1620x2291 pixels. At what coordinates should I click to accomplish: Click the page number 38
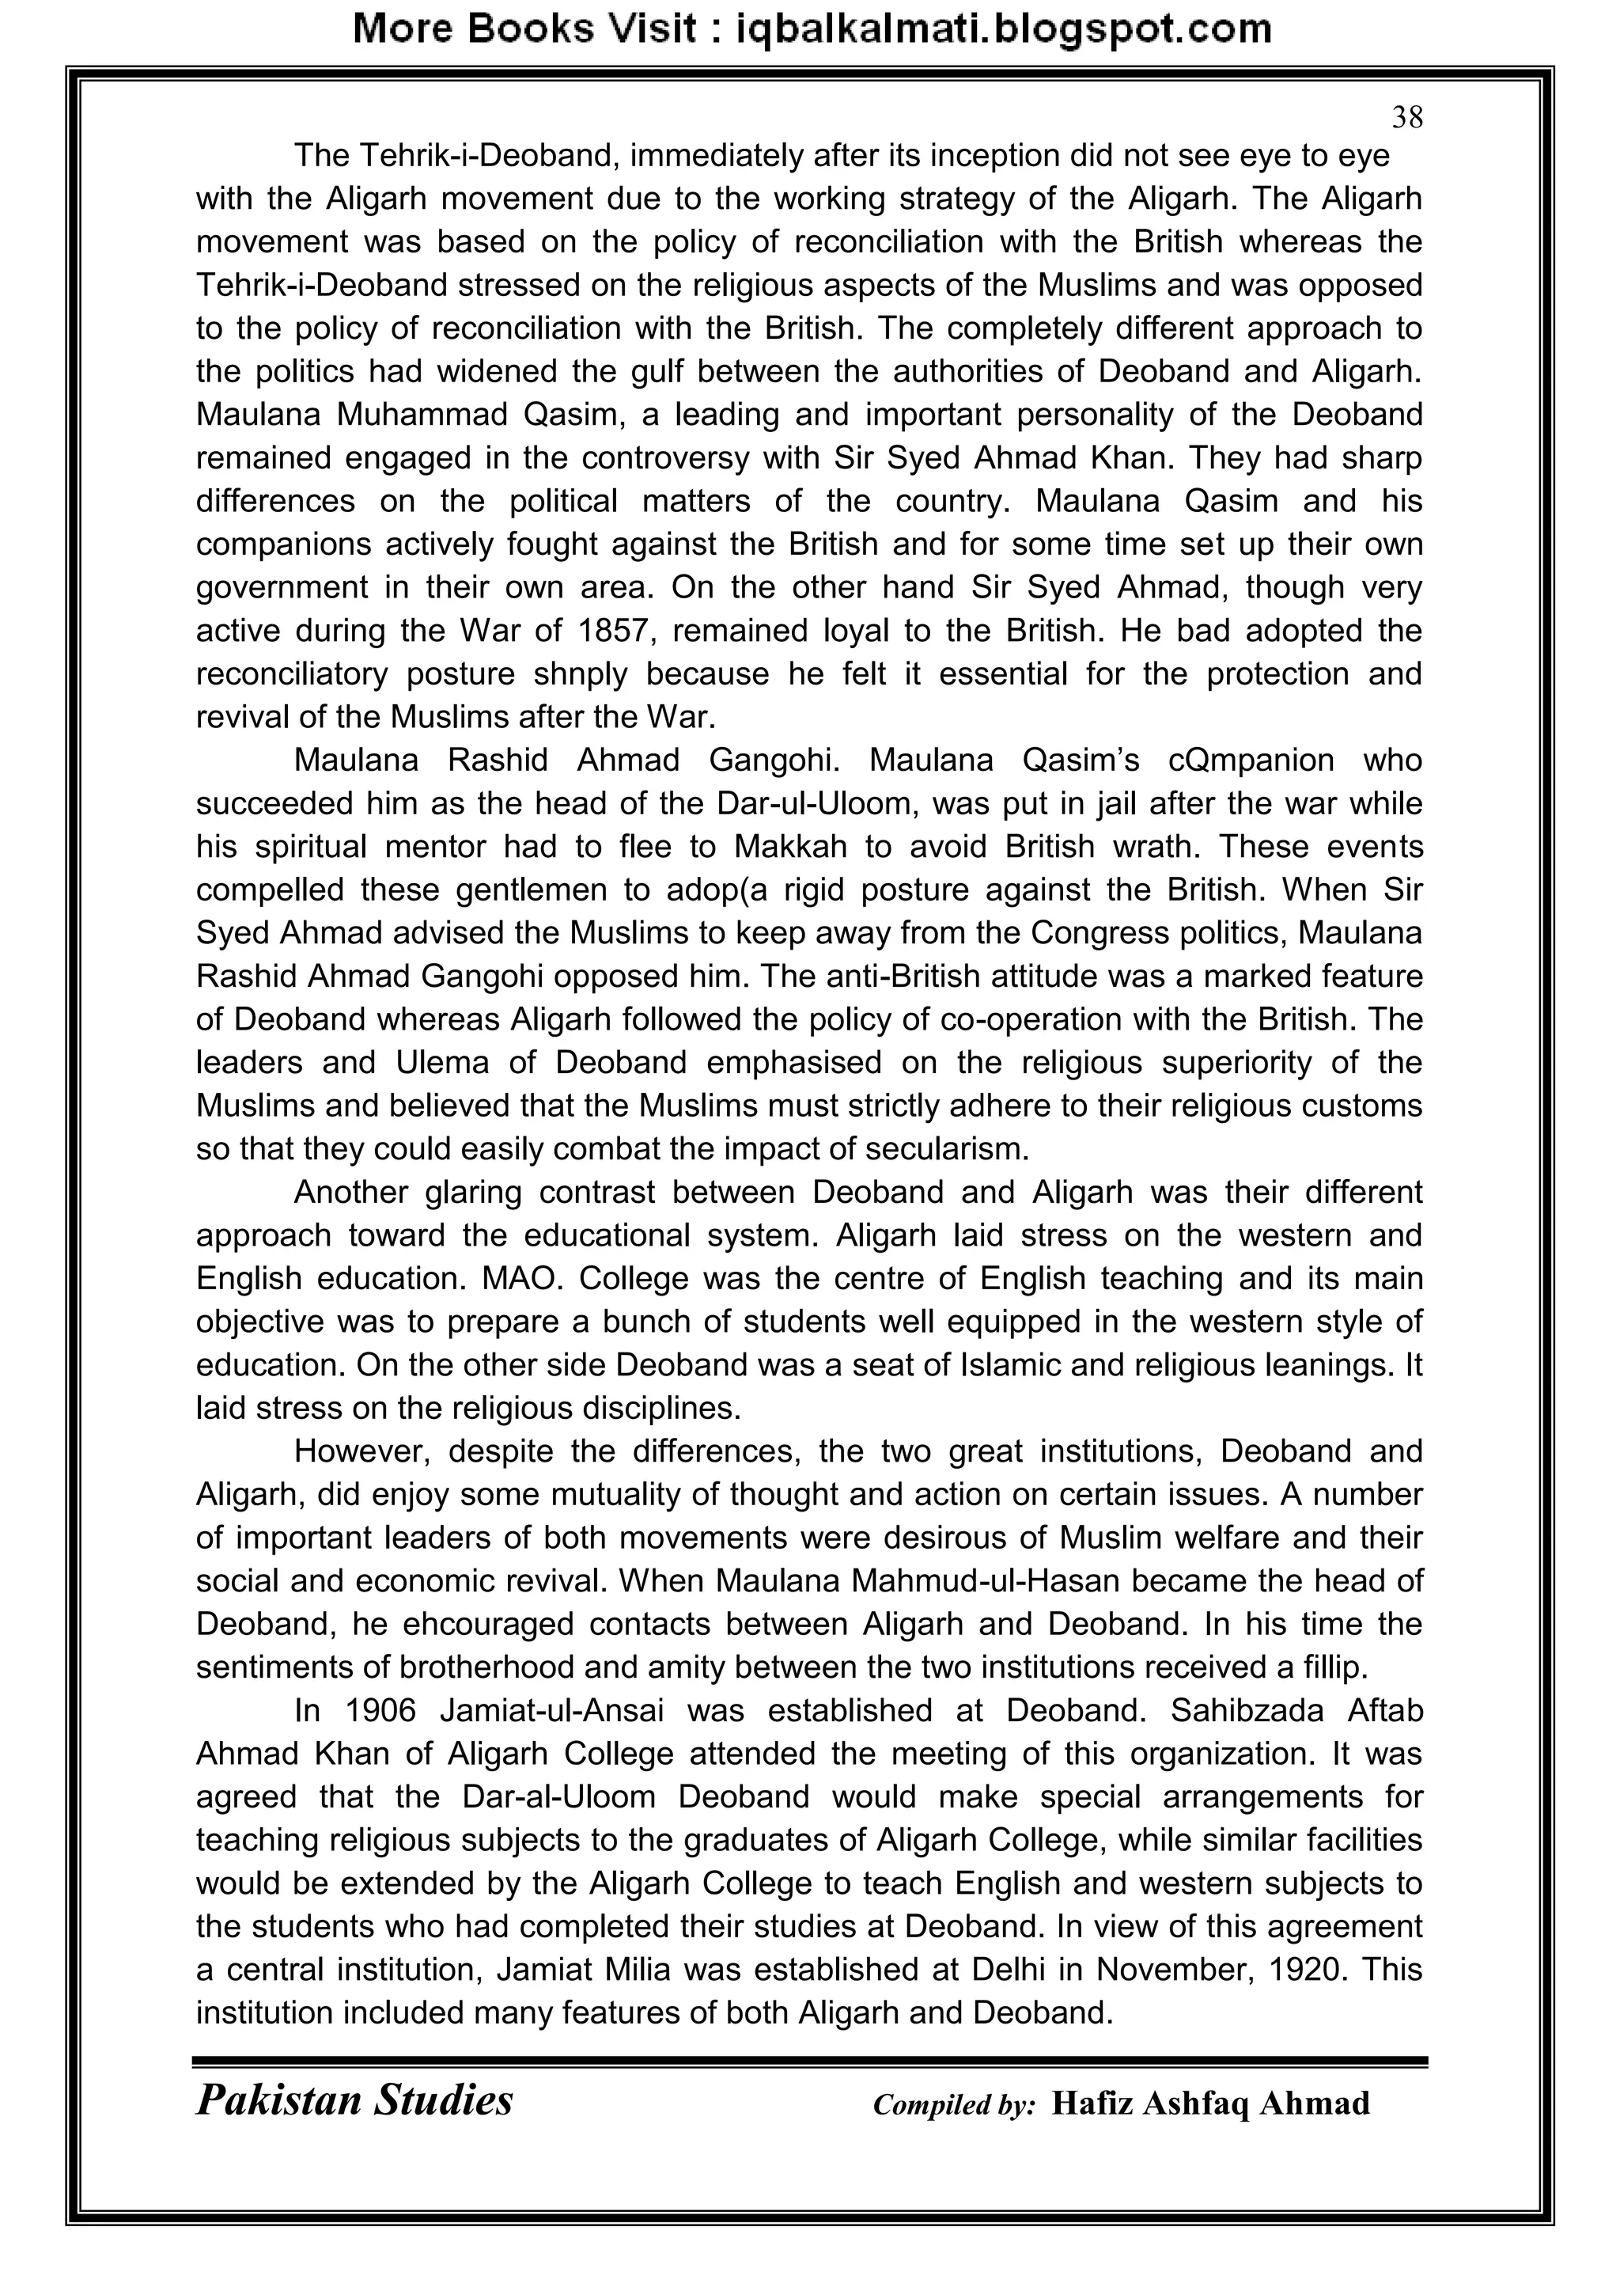coord(1406,118)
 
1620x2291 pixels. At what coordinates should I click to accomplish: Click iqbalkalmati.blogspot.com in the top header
coord(1002,29)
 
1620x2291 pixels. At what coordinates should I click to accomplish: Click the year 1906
coord(379,1711)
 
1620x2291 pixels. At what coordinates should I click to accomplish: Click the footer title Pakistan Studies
coord(354,2100)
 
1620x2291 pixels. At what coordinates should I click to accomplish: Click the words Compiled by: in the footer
coord(954,2105)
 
